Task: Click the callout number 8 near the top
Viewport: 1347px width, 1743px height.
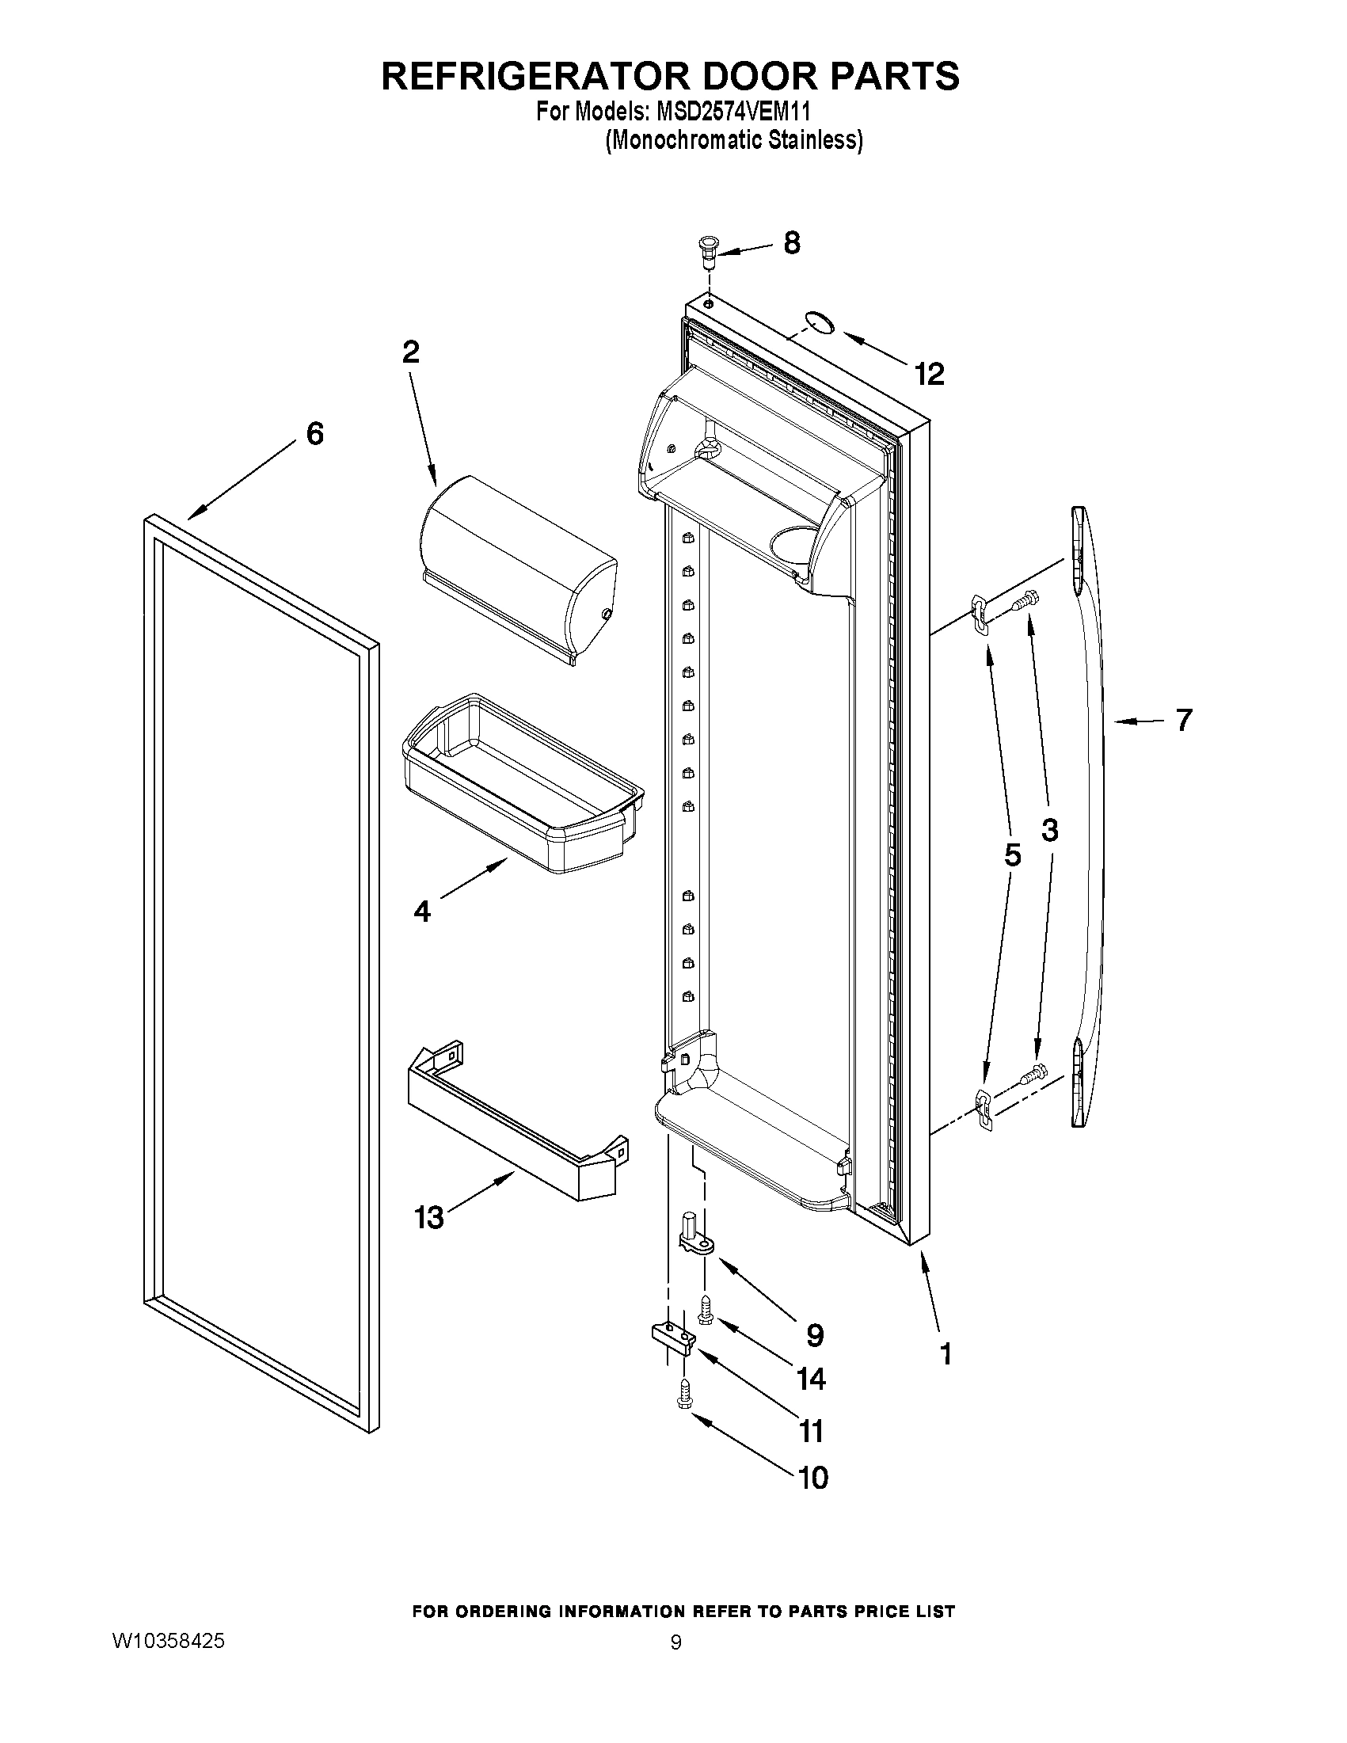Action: (792, 243)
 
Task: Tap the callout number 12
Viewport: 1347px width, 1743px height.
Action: (930, 374)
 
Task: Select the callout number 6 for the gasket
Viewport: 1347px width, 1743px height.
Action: (315, 434)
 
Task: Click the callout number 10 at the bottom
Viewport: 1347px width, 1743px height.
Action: (813, 1478)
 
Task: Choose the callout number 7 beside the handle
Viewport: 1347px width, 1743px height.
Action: (1184, 721)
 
